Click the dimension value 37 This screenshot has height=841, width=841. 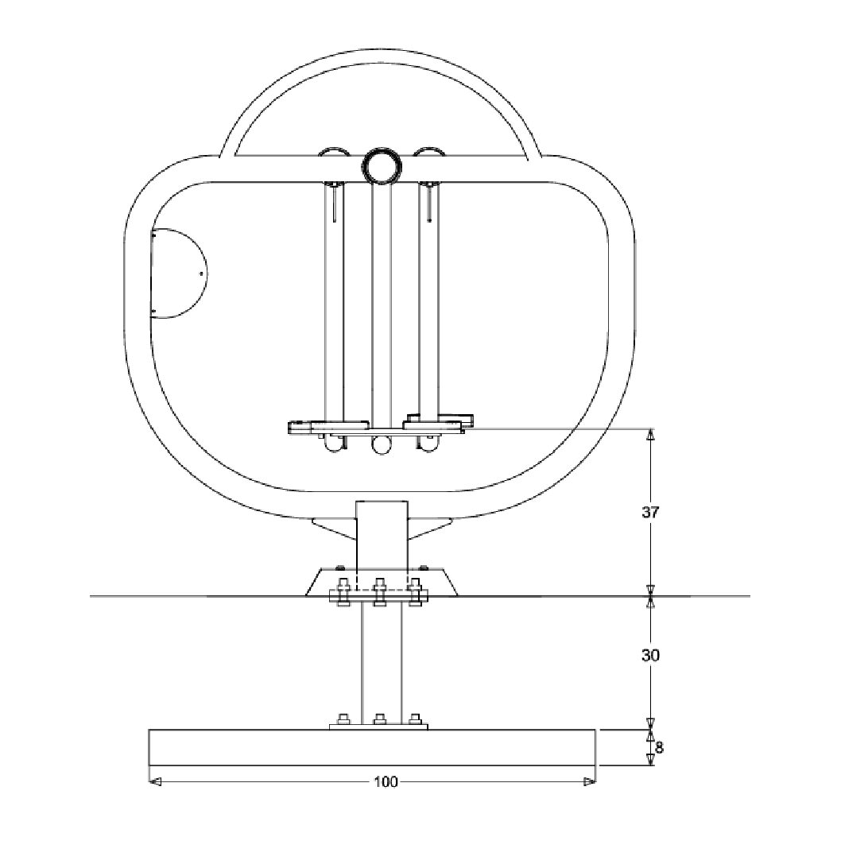point(650,513)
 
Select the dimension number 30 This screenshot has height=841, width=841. point(650,657)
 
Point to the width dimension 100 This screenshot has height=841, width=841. point(386,782)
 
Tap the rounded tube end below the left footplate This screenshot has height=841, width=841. point(333,445)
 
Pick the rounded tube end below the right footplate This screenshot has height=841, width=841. point(430,445)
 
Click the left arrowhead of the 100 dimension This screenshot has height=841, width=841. point(156,782)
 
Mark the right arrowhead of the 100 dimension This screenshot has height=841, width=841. point(589,782)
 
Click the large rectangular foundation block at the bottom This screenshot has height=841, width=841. point(372,748)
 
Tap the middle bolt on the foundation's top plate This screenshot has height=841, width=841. point(379,720)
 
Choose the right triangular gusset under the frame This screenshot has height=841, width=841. point(429,526)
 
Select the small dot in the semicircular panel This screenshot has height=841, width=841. point(200,273)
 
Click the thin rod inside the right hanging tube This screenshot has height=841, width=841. point(429,202)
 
